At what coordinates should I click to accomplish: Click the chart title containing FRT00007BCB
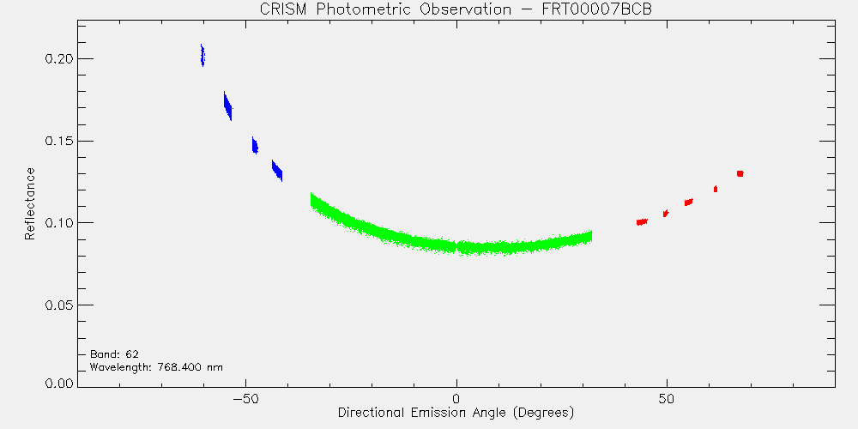[x=456, y=9]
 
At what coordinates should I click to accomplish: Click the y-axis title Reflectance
[x=29, y=203]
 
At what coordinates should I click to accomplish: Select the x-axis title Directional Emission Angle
[x=456, y=413]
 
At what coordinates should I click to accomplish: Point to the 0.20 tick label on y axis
[x=58, y=58]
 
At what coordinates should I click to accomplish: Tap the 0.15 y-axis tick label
[x=58, y=141]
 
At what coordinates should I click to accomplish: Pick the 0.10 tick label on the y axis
[x=58, y=223]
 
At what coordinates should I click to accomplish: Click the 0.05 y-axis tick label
[x=58, y=305]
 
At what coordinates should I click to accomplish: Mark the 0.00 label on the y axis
[x=58, y=383]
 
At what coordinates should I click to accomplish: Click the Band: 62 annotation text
[x=114, y=354]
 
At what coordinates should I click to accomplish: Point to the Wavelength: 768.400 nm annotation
[x=156, y=367]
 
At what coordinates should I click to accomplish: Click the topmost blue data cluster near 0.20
[x=202, y=55]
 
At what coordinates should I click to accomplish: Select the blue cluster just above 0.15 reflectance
[x=255, y=146]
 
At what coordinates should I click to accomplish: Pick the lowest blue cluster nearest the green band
[x=277, y=171]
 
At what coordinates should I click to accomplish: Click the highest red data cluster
[x=740, y=173]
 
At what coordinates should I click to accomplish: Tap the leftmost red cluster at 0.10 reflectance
[x=642, y=221]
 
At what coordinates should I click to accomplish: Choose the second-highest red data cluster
[x=716, y=189]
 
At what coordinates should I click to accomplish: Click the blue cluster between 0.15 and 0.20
[x=227, y=106]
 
